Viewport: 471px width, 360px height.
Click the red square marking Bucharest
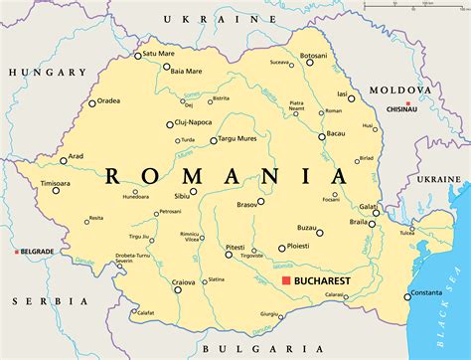285,282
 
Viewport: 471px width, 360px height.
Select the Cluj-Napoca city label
197,124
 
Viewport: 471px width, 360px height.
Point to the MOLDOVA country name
400,90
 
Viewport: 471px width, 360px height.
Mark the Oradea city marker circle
92,102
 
